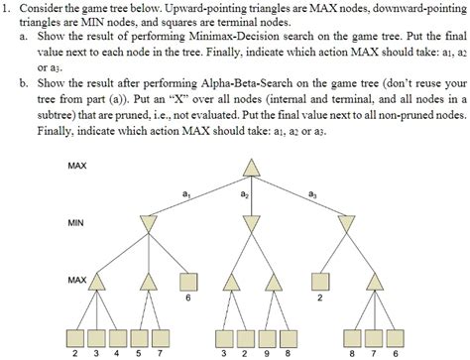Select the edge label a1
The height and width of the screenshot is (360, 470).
[x=185, y=195]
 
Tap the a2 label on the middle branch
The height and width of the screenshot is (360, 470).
[x=244, y=195]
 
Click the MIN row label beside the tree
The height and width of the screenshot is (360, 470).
[x=76, y=223]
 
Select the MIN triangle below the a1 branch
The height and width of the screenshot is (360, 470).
[x=149, y=225]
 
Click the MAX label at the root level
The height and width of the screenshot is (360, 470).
[x=77, y=165]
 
